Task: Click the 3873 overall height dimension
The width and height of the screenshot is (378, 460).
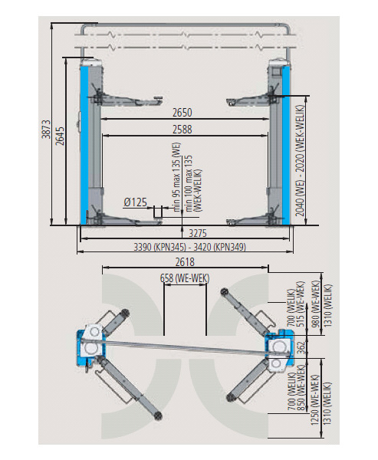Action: [x=47, y=129]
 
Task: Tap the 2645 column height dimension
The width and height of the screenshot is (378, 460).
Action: [x=60, y=136]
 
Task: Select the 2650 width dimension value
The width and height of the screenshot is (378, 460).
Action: [x=182, y=113]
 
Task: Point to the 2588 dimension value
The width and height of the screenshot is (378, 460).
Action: [x=182, y=130]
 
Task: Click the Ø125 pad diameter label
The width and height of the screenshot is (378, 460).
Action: [x=135, y=202]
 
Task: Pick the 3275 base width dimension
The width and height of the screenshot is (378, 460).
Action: [x=198, y=234]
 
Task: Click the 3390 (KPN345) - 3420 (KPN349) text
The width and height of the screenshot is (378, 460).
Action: [x=189, y=248]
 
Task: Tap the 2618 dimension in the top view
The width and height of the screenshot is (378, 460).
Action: [x=185, y=262]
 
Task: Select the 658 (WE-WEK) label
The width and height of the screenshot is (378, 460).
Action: [x=185, y=278]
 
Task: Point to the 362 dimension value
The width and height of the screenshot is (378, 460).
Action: [x=301, y=347]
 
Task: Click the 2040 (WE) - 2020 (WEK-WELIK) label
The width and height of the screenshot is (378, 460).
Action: [x=300, y=160]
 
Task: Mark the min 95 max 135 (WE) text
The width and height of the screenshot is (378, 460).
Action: [x=176, y=177]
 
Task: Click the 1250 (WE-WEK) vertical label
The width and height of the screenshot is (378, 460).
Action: [x=315, y=400]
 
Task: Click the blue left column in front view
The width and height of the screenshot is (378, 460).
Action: [x=84, y=145]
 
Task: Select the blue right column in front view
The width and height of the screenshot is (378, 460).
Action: [x=286, y=145]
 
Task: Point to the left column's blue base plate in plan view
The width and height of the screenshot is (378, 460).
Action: [x=83, y=347]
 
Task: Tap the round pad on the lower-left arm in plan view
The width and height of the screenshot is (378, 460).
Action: [x=157, y=416]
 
